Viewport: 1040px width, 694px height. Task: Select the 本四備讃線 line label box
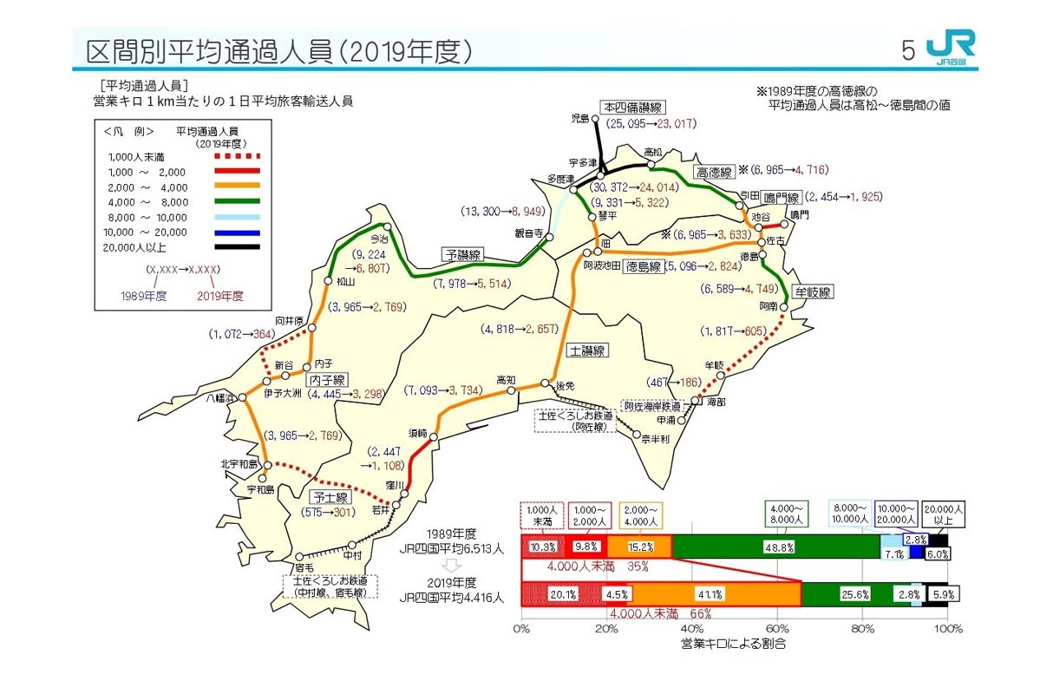pos(633,108)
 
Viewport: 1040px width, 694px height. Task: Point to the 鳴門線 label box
pos(780,198)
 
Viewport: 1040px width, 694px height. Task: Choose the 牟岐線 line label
pos(814,291)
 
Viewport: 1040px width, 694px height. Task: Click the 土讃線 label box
pos(587,350)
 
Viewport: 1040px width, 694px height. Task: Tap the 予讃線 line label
pos(463,255)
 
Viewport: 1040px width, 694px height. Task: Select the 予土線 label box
pos(330,497)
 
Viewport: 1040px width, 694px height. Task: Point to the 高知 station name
pos(506,380)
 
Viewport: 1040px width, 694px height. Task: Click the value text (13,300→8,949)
pos(503,211)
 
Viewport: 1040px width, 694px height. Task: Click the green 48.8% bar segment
pos(775,547)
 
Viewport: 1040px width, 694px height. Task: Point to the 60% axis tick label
pos(776,628)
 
